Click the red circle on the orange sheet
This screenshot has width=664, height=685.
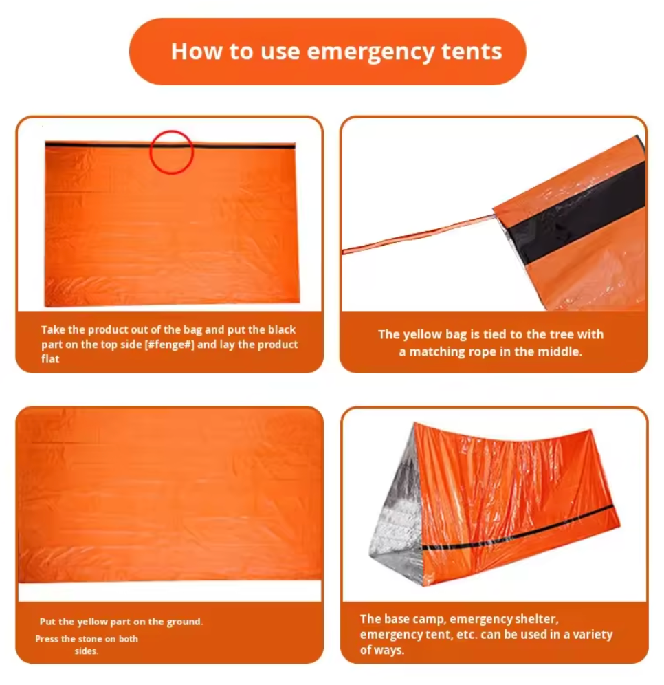pos(172,152)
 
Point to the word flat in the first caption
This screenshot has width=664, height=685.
pos(50,359)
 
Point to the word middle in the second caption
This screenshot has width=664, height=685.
pos(560,351)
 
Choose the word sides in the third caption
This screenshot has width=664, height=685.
pos(86,651)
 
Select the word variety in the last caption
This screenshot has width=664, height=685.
pos(590,635)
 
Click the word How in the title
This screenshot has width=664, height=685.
pos(194,52)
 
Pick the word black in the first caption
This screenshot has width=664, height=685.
pos(282,330)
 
